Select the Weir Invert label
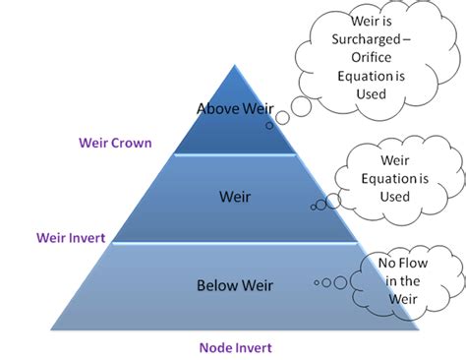pos(72,237)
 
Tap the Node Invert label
pos(234,347)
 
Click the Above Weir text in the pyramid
pos(234,108)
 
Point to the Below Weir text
pos(234,286)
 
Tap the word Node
pos(216,347)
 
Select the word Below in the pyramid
pos(215,286)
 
